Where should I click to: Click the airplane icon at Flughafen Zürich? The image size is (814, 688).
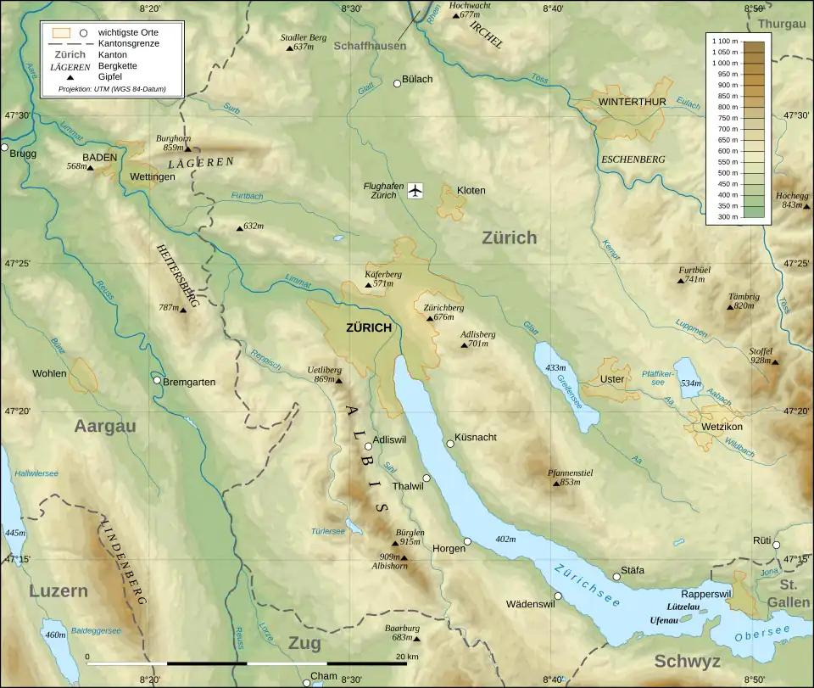415,190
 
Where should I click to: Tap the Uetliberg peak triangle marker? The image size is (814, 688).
339,380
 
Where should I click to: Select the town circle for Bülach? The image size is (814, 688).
397,83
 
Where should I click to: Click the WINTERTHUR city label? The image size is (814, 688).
632,102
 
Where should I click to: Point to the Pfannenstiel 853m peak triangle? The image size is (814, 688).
557,483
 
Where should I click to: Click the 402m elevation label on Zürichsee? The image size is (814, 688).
505,539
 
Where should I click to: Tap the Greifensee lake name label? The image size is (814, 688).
571,389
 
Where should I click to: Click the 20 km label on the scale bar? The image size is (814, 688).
407,656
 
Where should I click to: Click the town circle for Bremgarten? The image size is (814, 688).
157,380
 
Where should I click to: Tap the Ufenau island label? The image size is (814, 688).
663,620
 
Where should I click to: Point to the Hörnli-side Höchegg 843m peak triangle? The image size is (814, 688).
806,206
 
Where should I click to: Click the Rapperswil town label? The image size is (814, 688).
700,594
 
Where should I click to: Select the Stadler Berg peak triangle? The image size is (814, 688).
289,48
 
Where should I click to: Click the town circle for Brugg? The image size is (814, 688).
4,148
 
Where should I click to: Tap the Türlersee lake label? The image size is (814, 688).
327,531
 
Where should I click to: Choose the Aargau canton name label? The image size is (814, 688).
105,426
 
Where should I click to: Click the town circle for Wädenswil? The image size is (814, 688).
558,596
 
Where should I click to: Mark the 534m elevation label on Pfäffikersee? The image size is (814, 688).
691,383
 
